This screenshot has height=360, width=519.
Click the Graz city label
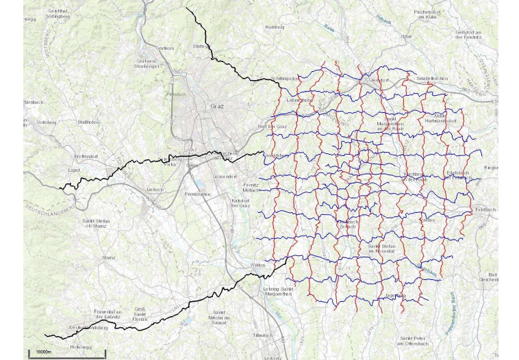point(217,107)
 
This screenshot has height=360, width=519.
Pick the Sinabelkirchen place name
point(432,79)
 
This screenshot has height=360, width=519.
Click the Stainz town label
point(108,258)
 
